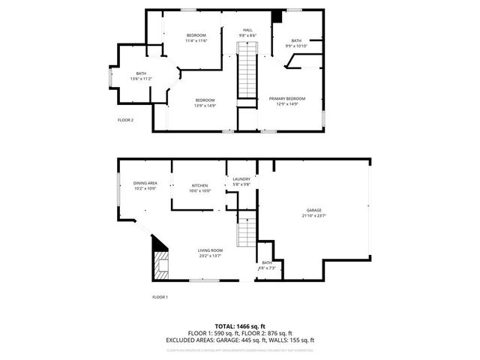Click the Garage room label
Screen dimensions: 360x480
314,209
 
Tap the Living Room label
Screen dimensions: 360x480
211,250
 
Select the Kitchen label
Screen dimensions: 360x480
199,185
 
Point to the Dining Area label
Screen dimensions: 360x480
145,183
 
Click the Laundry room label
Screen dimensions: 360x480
241,179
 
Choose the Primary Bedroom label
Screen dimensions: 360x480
288,98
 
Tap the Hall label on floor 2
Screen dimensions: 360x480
247,30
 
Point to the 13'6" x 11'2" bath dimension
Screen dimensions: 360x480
141,78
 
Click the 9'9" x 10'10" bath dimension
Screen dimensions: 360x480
296,46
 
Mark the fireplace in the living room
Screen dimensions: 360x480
160,262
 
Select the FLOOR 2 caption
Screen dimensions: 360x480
125,120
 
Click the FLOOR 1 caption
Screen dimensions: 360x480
160,298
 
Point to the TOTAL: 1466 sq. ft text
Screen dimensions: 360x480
240,326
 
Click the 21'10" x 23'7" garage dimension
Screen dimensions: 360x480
315,215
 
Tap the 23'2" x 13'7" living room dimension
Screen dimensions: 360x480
211,256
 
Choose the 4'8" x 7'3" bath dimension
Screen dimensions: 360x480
267,268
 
